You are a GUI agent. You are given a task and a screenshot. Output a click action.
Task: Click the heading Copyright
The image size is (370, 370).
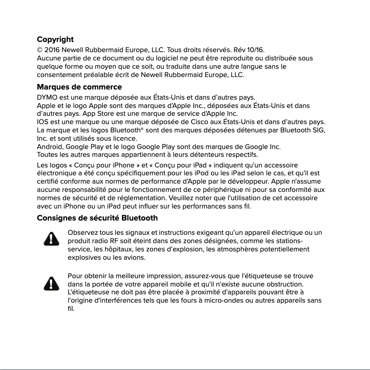click(x=55, y=40)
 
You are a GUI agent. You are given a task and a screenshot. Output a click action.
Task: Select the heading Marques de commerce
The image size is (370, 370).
click(x=79, y=87)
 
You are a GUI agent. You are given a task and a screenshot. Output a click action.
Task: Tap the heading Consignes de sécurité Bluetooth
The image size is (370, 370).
click(x=97, y=218)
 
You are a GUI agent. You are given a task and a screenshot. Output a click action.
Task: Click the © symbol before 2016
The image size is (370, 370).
click(x=40, y=50)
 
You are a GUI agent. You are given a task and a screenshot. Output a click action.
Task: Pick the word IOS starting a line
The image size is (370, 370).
click(x=42, y=122)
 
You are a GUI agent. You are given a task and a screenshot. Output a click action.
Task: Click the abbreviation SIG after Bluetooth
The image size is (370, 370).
click(x=318, y=130)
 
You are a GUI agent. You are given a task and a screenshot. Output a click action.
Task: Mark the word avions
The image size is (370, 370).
click(x=119, y=257)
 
